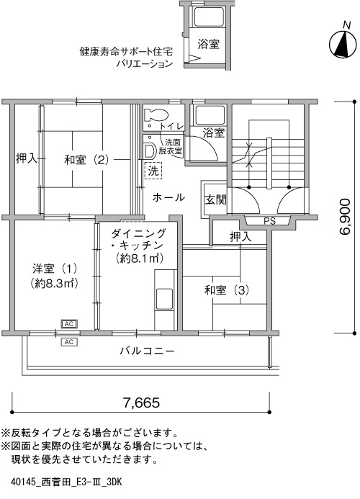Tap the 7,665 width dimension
pos(141,403)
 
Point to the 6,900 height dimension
pos(345,217)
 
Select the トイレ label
pos(172,126)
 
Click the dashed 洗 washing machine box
pos(153,171)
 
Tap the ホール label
pos(168,197)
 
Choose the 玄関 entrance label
pos(215,200)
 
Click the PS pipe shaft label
pos(269,221)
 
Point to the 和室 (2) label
pos(86,159)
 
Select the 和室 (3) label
pos(227,290)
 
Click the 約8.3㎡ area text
pos(55,283)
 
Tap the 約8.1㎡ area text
pos(140,258)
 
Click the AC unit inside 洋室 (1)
pos(69,324)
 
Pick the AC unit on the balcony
pos(69,342)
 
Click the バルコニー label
pos(148,351)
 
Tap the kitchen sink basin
pos(164,299)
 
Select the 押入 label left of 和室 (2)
pos(27,158)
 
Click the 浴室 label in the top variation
pos(209,44)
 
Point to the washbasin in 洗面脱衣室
pos(149,150)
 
